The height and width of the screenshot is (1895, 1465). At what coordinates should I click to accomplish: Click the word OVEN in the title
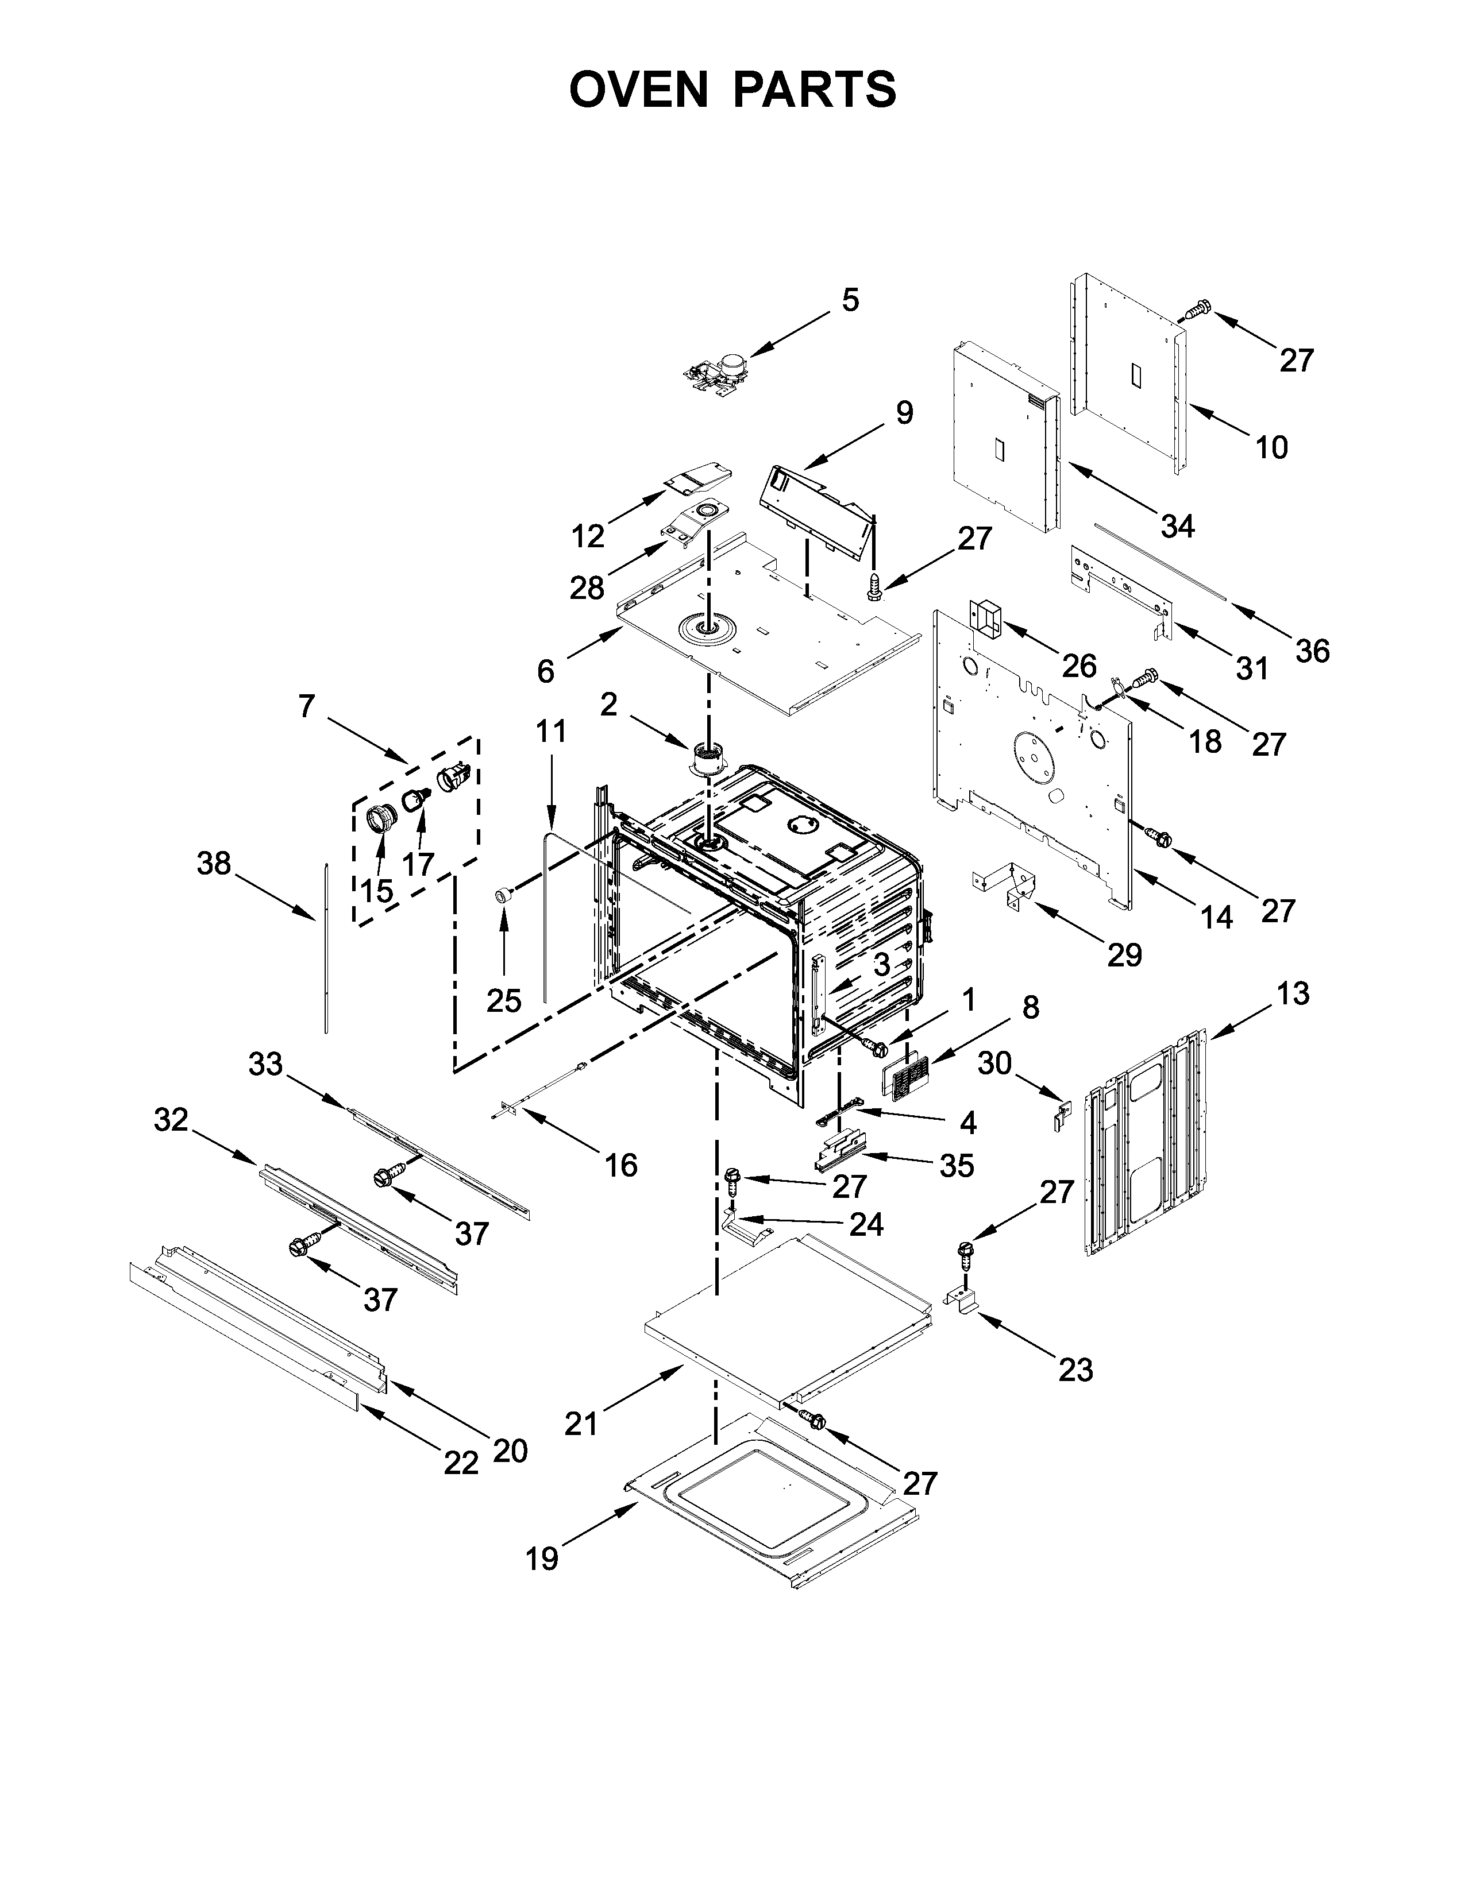point(639,90)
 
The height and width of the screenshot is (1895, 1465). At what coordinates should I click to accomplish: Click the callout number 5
point(850,300)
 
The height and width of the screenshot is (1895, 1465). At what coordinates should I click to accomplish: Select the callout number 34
point(1178,526)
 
